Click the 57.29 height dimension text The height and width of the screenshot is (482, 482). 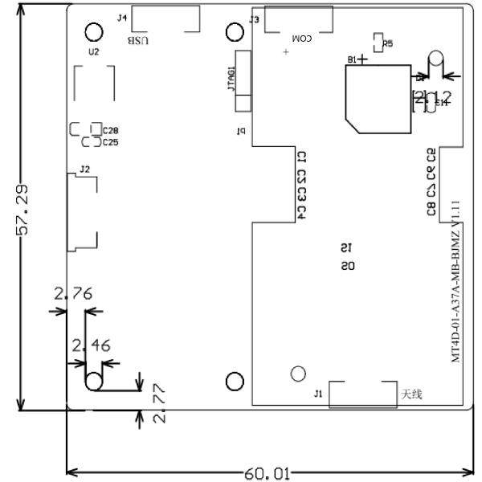pyautogui.click(x=25, y=210)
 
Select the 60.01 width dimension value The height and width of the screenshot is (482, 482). pyautogui.click(x=267, y=473)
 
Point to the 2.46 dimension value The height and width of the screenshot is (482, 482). pyautogui.click(x=92, y=346)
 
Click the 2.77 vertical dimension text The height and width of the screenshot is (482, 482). pyautogui.click(x=159, y=403)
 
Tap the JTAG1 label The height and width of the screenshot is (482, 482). pyautogui.click(x=232, y=80)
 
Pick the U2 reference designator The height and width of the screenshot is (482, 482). pyautogui.click(x=94, y=51)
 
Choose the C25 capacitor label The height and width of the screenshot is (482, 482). pyautogui.click(x=110, y=142)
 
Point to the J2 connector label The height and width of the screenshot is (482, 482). pyautogui.click(x=85, y=169)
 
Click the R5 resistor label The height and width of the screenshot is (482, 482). pyautogui.click(x=388, y=44)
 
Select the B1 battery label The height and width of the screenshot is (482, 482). pyautogui.click(x=352, y=59)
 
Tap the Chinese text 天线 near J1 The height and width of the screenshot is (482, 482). pyautogui.click(x=411, y=394)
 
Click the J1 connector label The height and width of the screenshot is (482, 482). pyautogui.click(x=318, y=393)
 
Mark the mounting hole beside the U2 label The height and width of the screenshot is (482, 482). pyautogui.click(x=94, y=31)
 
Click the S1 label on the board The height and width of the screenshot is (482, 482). pyautogui.click(x=346, y=248)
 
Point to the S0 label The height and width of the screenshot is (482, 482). pyautogui.click(x=346, y=265)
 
